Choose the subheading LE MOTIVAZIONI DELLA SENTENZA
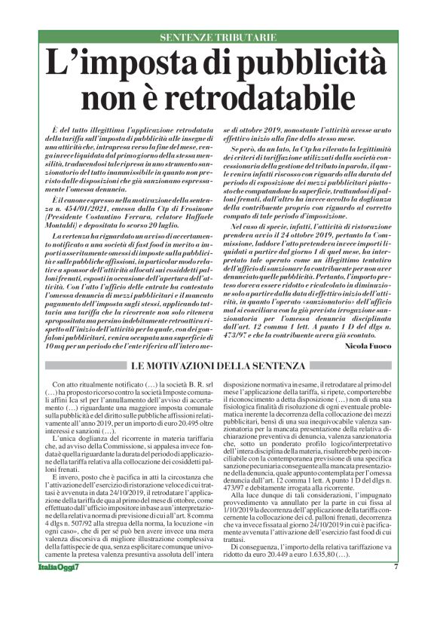[x=218, y=366]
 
